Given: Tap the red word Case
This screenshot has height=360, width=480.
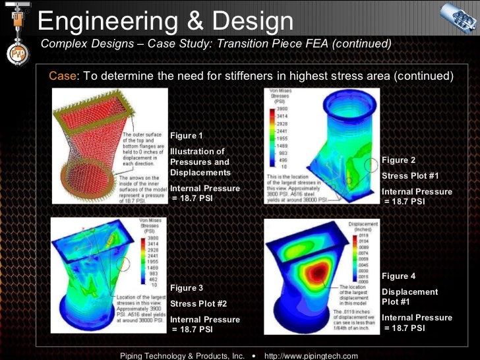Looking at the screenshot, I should tap(62, 76).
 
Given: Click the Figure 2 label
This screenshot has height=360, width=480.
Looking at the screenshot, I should tap(399, 160).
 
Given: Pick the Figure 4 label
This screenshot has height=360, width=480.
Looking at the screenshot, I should tap(399, 276).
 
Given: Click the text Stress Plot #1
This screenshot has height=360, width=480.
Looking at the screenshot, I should tap(409, 176).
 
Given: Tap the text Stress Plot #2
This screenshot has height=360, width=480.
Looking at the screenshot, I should tap(198, 304).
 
